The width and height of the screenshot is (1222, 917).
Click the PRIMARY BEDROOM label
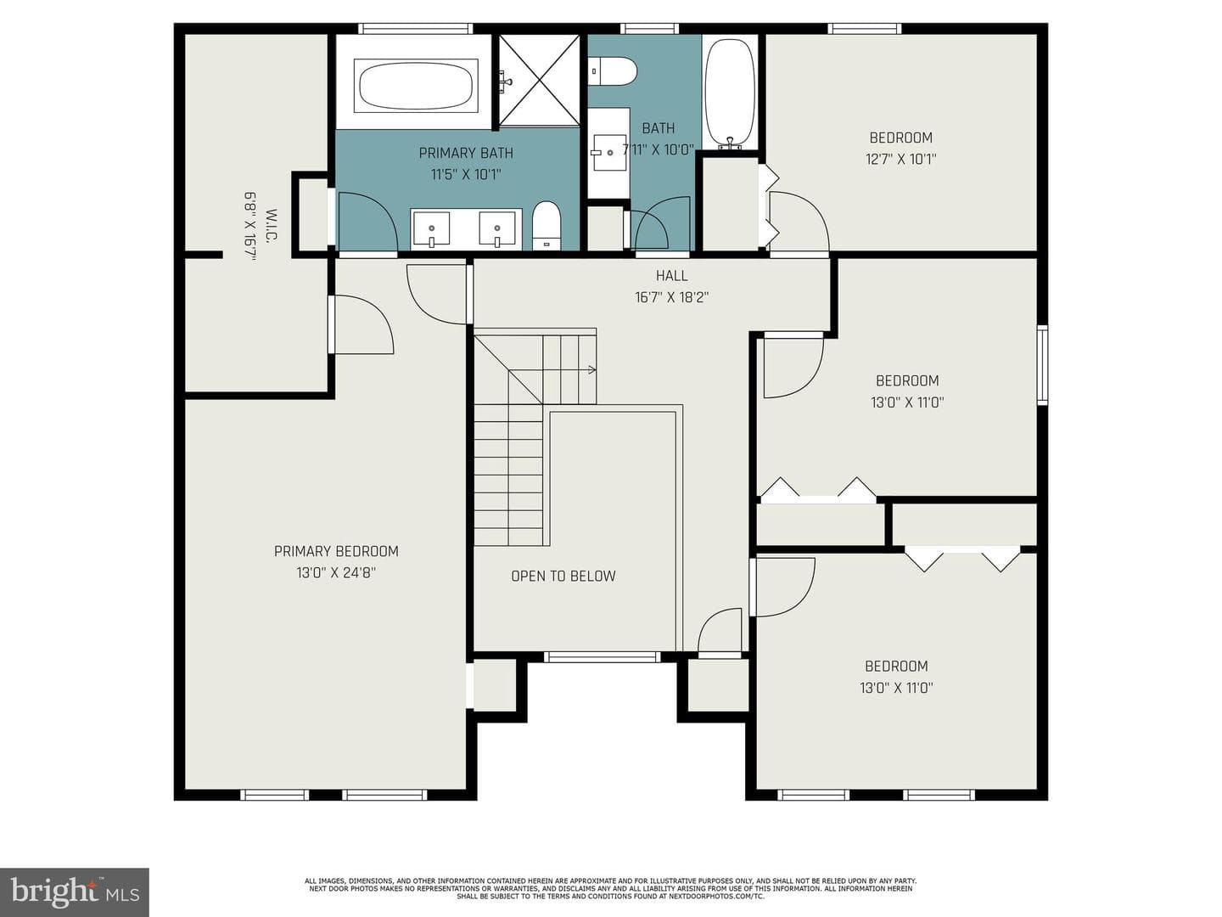[336, 551]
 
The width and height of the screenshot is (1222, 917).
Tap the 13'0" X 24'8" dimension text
[336, 573]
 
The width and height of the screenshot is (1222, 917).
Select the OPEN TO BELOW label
[563, 576]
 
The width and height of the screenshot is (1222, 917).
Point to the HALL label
[671, 276]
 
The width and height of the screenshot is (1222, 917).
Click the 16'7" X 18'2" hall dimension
[671, 297]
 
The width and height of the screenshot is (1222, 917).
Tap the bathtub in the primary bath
[416, 86]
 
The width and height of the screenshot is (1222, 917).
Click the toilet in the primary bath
[546, 226]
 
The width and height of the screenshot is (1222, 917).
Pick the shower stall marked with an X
[539, 80]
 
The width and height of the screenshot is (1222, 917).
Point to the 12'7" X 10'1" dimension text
[900, 160]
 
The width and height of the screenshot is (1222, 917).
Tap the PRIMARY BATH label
[466, 153]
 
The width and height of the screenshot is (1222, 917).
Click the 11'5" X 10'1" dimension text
[466, 175]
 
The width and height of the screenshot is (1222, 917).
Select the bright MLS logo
[75, 892]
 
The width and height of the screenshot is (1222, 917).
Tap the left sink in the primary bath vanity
[431, 229]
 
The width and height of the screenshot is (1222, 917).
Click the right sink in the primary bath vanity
[497, 229]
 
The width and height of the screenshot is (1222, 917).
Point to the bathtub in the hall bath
[730, 93]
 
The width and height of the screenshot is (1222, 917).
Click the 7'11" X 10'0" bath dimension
[659, 149]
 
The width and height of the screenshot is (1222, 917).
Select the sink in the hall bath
[609, 152]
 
